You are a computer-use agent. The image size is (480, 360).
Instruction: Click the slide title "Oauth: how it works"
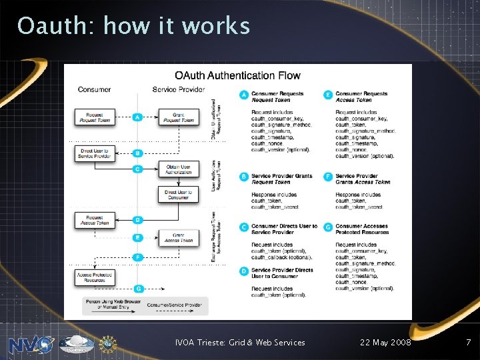(x=133, y=27)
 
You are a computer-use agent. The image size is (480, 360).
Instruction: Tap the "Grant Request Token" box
(x=178, y=117)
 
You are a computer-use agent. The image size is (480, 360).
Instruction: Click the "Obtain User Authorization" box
(x=178, y=169)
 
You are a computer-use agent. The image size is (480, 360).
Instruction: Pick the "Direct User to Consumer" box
(x=178, y=194)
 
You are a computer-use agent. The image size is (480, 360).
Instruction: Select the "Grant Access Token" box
(x=178, y=237)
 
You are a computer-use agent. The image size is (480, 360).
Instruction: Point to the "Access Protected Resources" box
(x=95, y=277)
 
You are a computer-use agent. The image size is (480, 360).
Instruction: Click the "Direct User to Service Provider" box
(x=95, y=153)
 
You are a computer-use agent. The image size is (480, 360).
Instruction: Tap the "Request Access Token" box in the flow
(x=95, y=219)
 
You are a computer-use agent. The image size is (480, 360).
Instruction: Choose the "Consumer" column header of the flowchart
(x=94, y=89)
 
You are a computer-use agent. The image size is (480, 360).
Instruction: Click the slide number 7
(x=468, y=343)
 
